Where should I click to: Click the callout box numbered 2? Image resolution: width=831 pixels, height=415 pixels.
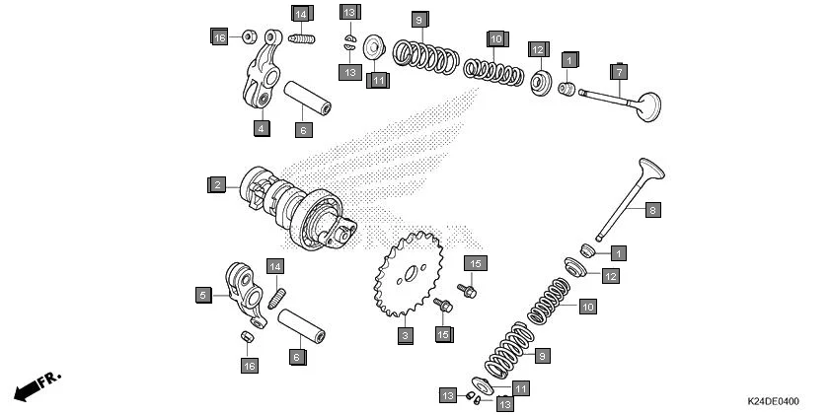coord(216,184)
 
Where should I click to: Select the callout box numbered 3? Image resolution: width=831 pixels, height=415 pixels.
coord(405,336)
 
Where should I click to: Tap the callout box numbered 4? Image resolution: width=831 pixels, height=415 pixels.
coord(261,128)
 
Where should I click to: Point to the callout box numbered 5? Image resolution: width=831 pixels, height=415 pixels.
coord(202,294)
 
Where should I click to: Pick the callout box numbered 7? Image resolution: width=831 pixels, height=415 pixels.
coord(619,72)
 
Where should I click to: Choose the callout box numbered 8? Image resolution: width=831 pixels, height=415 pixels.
coord(651,210)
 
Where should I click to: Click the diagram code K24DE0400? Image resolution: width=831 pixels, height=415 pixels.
coord(773,402)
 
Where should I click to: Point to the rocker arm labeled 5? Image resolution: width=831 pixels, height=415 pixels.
coord(245,290)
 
